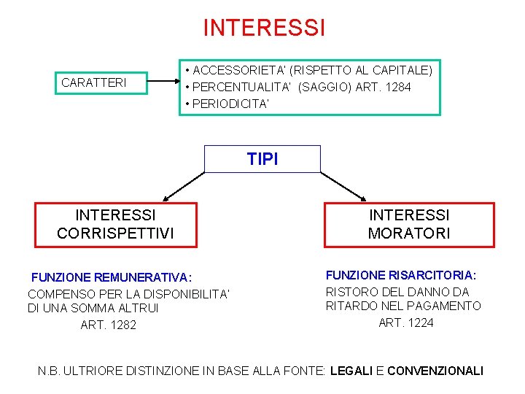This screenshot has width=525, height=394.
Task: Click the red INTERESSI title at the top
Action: tap(263, 28)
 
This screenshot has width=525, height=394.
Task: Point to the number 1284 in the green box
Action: tap(397, 88)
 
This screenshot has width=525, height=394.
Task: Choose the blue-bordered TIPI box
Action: tap(262, 159)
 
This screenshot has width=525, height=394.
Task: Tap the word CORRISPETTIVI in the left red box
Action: tap(116, 234)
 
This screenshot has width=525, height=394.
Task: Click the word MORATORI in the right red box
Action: tap(409, 234)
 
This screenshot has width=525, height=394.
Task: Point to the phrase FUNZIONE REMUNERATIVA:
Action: tap(112, 277)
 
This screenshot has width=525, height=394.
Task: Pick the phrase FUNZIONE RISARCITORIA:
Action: tap(401, 275)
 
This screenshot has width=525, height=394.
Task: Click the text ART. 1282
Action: tap(109, 325)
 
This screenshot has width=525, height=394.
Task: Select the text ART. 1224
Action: tap(407, 322)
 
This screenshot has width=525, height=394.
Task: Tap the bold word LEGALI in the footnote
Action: tap(351, 371)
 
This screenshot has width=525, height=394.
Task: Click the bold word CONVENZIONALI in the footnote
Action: tap(435, 371)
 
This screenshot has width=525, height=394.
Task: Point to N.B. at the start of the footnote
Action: tap(50, 371)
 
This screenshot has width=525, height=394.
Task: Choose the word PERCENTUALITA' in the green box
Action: tap(241, 88)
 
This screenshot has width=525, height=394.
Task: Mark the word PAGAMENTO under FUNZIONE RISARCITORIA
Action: tap(446, 306)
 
